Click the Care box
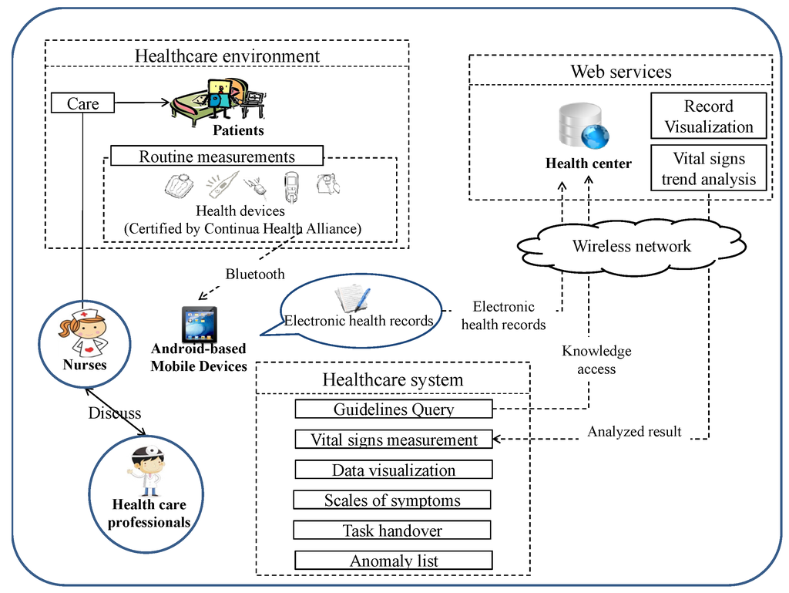coord(83,103)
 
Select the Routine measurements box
coord(217,157)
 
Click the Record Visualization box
coord(709,116)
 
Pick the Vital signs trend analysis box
coord(709,169)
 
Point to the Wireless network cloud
coord(631,247)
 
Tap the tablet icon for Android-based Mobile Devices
coord(199,324)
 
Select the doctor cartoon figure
coord(146,470)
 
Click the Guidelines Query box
coord(393,409)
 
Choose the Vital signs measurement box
coord(394,440)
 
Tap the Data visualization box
coord(394,470)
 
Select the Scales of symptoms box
coord(392,500)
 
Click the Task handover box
coord(392,531)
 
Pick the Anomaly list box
coord(394,561)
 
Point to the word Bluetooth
coord(255,274)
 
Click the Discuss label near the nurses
coord(115,413)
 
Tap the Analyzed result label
coord(634,432)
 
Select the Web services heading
coord(621,72)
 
